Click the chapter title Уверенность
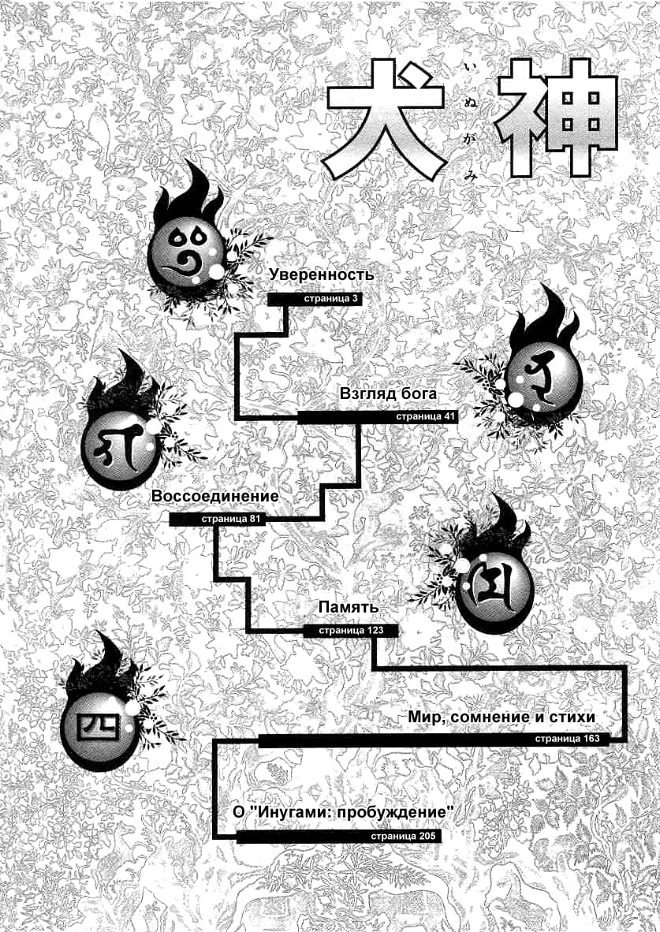[x=321, y=275]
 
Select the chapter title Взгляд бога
[x=389, y=393]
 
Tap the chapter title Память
[x=349, y=608]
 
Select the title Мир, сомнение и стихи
[x=502, y=717]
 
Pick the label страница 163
[x=567, y=740]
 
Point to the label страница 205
[x=402, y=837]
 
